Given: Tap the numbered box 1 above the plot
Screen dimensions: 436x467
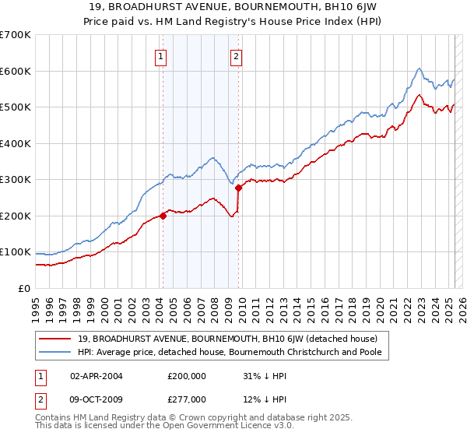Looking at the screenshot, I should pyautogui.click(x=161, y=55).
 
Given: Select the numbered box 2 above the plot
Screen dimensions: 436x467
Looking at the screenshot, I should pyautogui.click(x=235, y=55).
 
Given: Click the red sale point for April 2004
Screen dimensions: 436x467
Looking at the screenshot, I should pyautogui.click(x=163, y=216).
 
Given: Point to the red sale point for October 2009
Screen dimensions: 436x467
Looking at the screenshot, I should pyautogui.click(x=239, y=188).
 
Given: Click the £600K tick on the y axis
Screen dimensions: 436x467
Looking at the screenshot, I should pyautogui.click(x=16, y=71).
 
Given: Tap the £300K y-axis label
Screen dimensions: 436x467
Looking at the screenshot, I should pyautogui.click(x=16, y=180).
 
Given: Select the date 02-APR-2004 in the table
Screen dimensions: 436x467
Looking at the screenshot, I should pyautogui.click(x=97, y=376).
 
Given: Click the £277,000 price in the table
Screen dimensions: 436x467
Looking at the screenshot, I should pyautogui.click(x=186, y=399).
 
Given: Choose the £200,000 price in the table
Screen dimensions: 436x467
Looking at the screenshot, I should pyautogui.click(x=186, y=376).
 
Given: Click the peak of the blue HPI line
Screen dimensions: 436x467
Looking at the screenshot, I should pyautogui.click(x=419, y=69).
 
